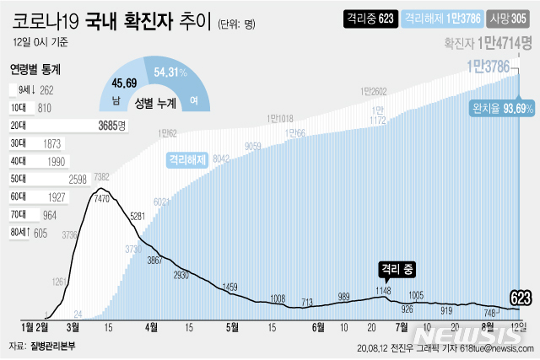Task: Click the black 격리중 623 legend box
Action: point(370,18)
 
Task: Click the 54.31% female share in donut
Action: point(171,73)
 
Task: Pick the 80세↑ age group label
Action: point(22,232)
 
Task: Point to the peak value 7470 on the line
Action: point(103,198)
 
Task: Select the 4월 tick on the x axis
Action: point(153,325)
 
